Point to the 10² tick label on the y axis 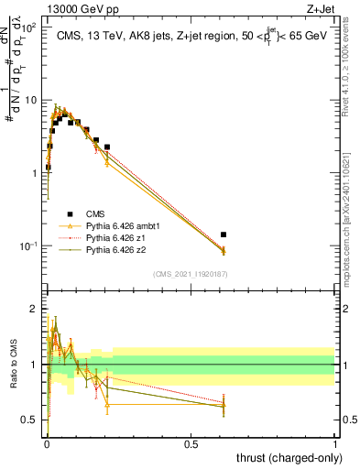tap(30, 27)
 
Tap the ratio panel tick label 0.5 tap(31, 420)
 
